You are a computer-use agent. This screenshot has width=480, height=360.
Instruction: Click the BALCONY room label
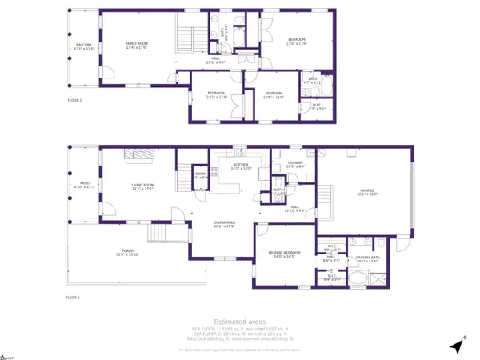84,46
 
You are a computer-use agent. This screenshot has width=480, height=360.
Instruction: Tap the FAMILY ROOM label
139,46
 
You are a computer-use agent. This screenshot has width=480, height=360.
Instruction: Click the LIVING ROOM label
142,188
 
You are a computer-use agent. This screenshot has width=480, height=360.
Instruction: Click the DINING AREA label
224,225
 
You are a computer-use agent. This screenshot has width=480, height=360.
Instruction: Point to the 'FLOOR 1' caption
74,297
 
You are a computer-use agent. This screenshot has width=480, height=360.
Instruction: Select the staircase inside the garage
325,193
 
